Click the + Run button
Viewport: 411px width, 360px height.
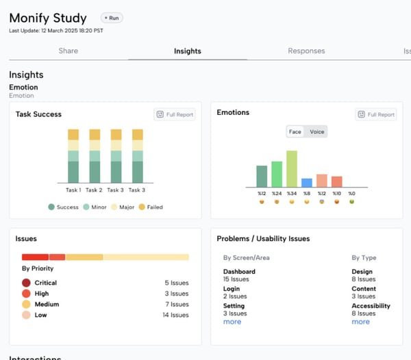112,18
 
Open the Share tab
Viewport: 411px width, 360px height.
68,51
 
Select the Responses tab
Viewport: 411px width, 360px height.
306,51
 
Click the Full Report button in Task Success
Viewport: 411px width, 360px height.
175,114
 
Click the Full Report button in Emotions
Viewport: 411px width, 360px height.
376,114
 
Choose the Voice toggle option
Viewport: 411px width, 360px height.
317,131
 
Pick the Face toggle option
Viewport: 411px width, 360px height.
295,131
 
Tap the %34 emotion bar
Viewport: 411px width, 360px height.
292,168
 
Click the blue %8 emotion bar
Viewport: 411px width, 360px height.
307,183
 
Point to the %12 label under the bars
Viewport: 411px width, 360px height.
262,194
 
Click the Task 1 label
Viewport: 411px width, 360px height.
73,190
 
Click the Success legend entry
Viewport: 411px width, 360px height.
63,207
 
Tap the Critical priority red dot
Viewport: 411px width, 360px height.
26,283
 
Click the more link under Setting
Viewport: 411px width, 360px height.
232,322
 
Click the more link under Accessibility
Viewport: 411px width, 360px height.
360,322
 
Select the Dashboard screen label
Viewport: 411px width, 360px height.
239,272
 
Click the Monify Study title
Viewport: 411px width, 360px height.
48,18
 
